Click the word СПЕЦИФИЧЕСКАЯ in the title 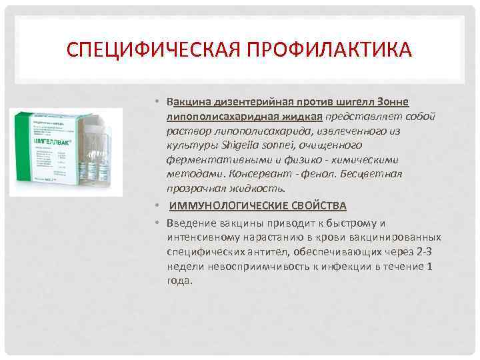[x=158, y=51]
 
